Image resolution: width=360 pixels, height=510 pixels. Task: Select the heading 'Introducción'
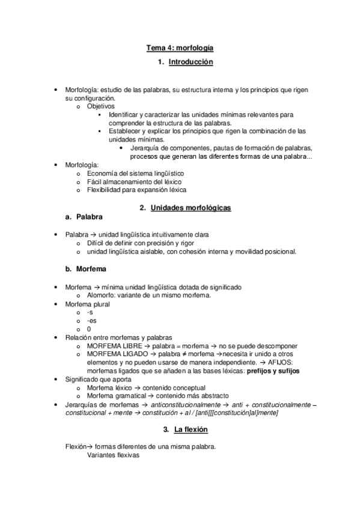(x=191, y=62)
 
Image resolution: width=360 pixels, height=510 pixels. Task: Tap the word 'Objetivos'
(x=100, y=106)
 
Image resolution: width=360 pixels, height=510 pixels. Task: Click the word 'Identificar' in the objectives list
(x=124, y=114)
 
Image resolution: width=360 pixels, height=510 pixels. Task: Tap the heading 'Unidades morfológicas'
(x=194, y=207)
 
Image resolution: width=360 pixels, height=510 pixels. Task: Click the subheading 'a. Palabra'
(x=84, y=216)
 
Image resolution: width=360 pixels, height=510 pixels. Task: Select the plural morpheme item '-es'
(x=91, y=321)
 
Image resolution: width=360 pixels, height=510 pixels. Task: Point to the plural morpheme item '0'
(x=89, y=329)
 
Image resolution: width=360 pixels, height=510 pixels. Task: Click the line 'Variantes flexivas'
(x=113, y=455)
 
